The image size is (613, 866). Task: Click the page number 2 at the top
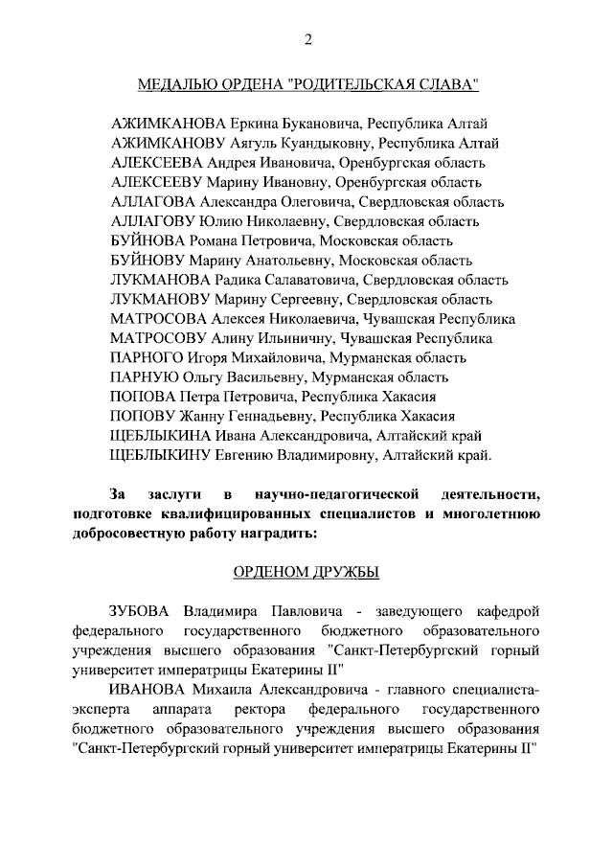[x=307, y=39]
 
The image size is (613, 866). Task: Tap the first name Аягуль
[x=255, y=144]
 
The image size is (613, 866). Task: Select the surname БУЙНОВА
[x=149, y=240]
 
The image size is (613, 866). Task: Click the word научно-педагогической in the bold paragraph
[x=338, y=495]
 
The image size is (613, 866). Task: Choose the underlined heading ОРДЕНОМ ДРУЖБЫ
[x=306, y=573]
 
